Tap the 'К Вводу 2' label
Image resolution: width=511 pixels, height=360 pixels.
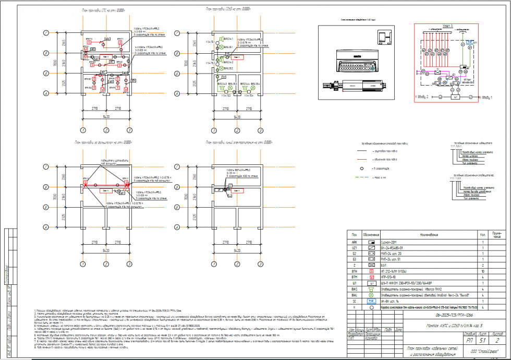tap(421, 97)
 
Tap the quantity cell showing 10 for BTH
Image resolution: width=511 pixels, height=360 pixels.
tap(483, 271)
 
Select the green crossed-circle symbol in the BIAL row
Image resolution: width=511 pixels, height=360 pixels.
tap(371, 294)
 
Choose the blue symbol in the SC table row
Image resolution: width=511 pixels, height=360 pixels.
tap(371, 301)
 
